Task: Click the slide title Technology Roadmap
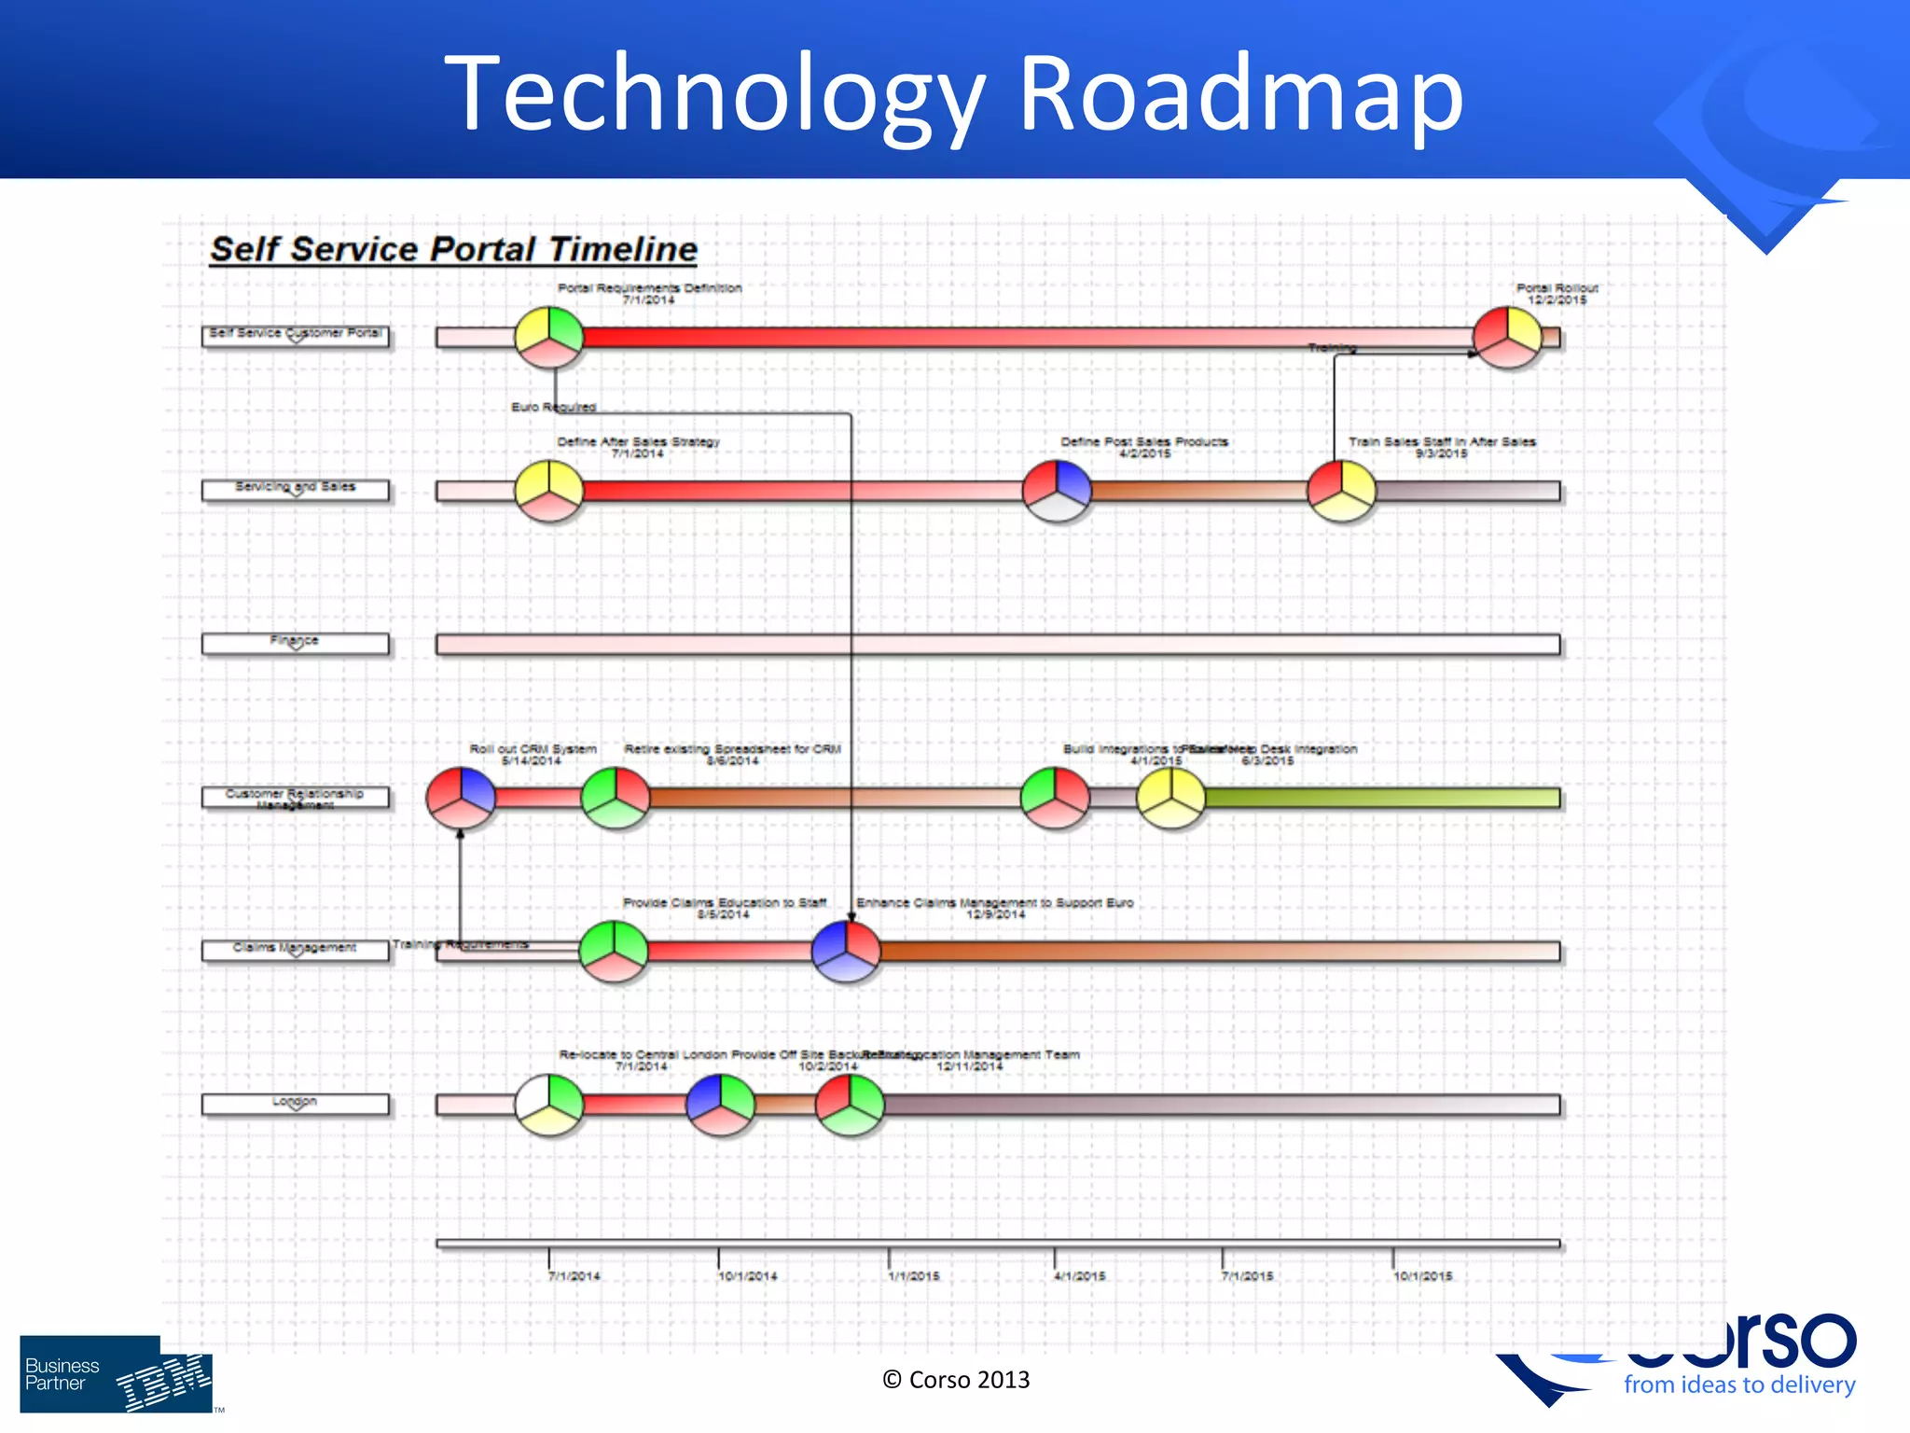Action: [953, 93]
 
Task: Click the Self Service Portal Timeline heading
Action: [453, 249]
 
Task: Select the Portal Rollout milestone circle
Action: [1507, 337]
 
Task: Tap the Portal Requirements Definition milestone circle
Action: [549, 337]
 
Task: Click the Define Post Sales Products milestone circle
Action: [1057, 491]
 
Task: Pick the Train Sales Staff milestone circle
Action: [1341, 491]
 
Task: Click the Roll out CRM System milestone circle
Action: [461, 798]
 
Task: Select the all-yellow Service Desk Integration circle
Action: [1170, 798]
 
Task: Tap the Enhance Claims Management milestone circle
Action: [846, 952]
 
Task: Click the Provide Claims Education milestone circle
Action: [614, 952]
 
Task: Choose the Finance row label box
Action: [295, 644]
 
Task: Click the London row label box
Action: [295, 1105]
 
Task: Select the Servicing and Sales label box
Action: [295, 490]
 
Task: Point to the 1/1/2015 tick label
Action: [914, 1276]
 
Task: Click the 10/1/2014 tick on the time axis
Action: [718, 1257]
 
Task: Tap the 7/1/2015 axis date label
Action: [1248, 1276]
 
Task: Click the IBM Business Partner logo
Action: [116, 1373]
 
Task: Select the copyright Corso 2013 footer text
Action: [956, 1380]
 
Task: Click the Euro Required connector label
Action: [553, 407]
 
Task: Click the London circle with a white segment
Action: [549, 1105]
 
